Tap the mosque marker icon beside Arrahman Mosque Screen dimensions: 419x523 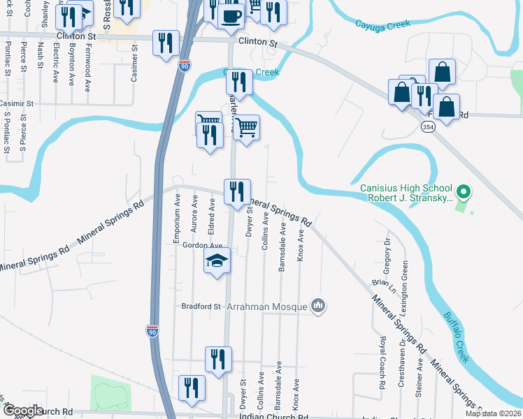[318, 305]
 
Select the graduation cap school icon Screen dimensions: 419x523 [217, 262]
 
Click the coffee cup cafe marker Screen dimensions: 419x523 [231, 15]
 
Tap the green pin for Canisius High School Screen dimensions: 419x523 [462, 191]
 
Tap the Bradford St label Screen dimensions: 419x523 [201, 306]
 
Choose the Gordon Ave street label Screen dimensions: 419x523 [202, 246]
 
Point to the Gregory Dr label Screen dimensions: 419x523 [385, 249]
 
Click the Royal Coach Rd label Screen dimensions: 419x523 [383, 362]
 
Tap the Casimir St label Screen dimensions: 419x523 [16, 103]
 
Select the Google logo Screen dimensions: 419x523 [22, 411]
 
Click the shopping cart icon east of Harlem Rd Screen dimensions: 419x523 [246, 128]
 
